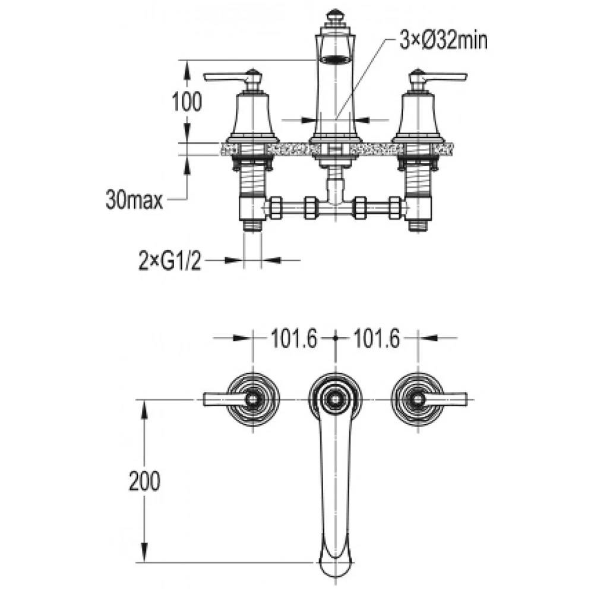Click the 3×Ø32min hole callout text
click(443, 41)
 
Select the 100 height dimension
click(187, 102)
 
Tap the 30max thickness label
click(134, 200)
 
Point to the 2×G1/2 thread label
click(170, 261)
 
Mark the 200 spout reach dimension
click(145, 481)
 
